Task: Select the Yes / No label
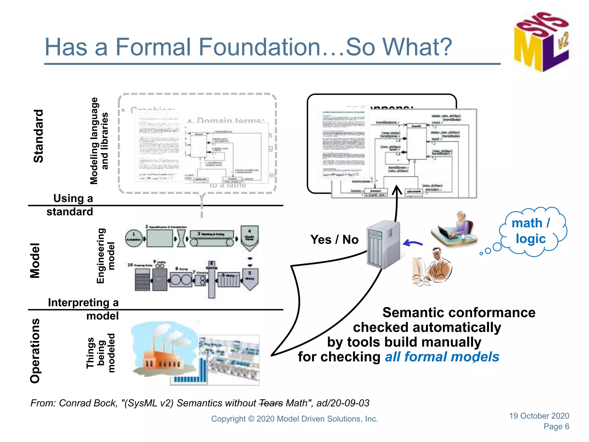click(x=334, y=239)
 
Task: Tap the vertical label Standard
click(x=39, y=136)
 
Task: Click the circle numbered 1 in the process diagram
click(x=134, y=238)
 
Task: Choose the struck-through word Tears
click(x=271, y=403)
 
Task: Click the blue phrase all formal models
click(x=442, y=357)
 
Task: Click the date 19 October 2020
click(x=539, y=416)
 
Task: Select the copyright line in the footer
click(x=294, y=419)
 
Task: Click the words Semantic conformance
click(x=459, y=313)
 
